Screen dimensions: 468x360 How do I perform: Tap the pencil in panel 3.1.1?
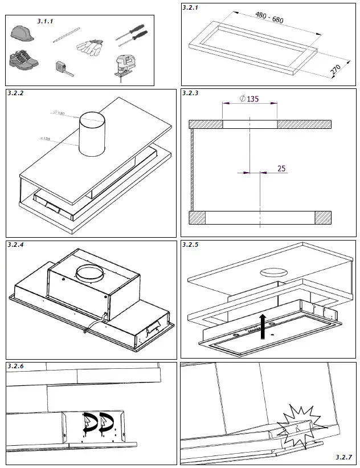coord(64,35)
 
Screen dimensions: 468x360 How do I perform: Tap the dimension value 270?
coord(337,70)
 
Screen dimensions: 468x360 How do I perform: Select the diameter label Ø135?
coord(249,99)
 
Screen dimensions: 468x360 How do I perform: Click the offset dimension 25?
coord(281,168)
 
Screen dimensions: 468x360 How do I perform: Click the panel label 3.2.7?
coord(344,457)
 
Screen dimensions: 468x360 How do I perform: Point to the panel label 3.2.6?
coord(17,365)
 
